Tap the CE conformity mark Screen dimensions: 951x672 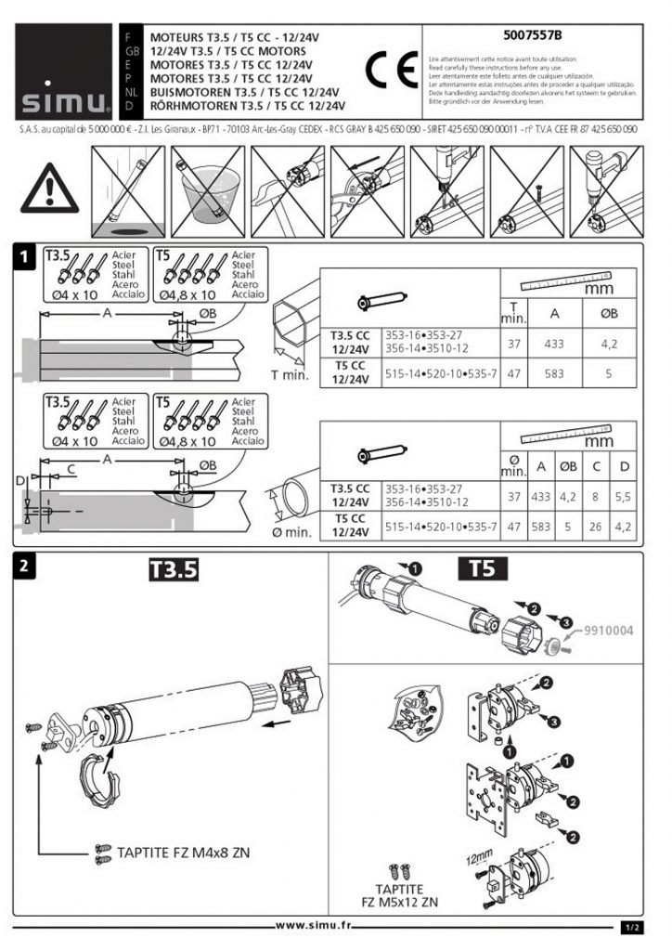[385, 68]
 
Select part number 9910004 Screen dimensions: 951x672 [608, 631]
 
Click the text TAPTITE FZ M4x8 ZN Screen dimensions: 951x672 [183, 851]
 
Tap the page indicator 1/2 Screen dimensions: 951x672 [630, 926]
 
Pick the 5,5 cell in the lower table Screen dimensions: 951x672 [625, 497]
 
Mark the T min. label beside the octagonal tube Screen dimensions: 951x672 [289, 375]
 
